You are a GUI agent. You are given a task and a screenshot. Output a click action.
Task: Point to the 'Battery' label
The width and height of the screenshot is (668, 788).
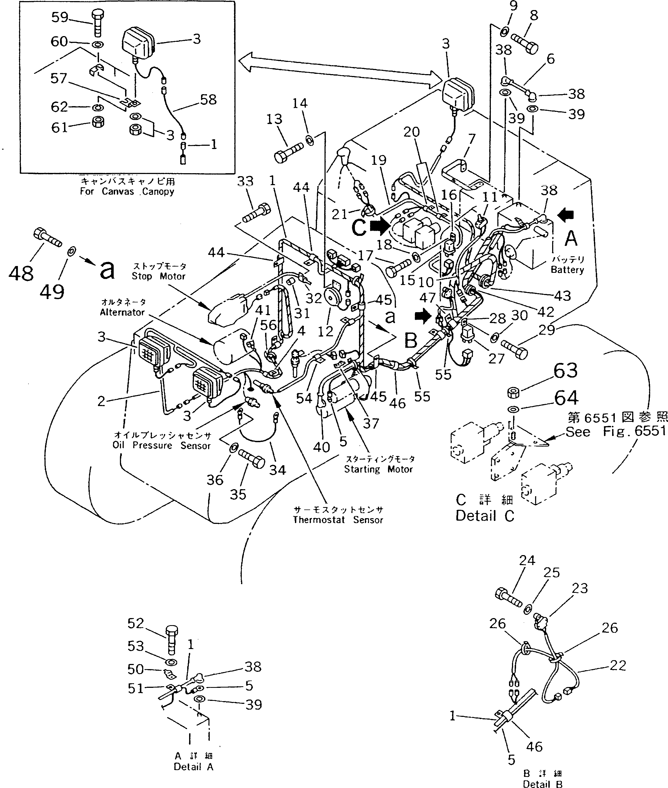(567, 270)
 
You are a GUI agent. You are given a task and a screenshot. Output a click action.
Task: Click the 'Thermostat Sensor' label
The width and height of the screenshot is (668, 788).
(338, 520)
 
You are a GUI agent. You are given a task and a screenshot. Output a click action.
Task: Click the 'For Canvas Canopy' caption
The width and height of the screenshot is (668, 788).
(127, 191)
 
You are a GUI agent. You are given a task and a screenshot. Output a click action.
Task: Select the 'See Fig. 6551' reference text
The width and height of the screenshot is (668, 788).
(615, 432)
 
